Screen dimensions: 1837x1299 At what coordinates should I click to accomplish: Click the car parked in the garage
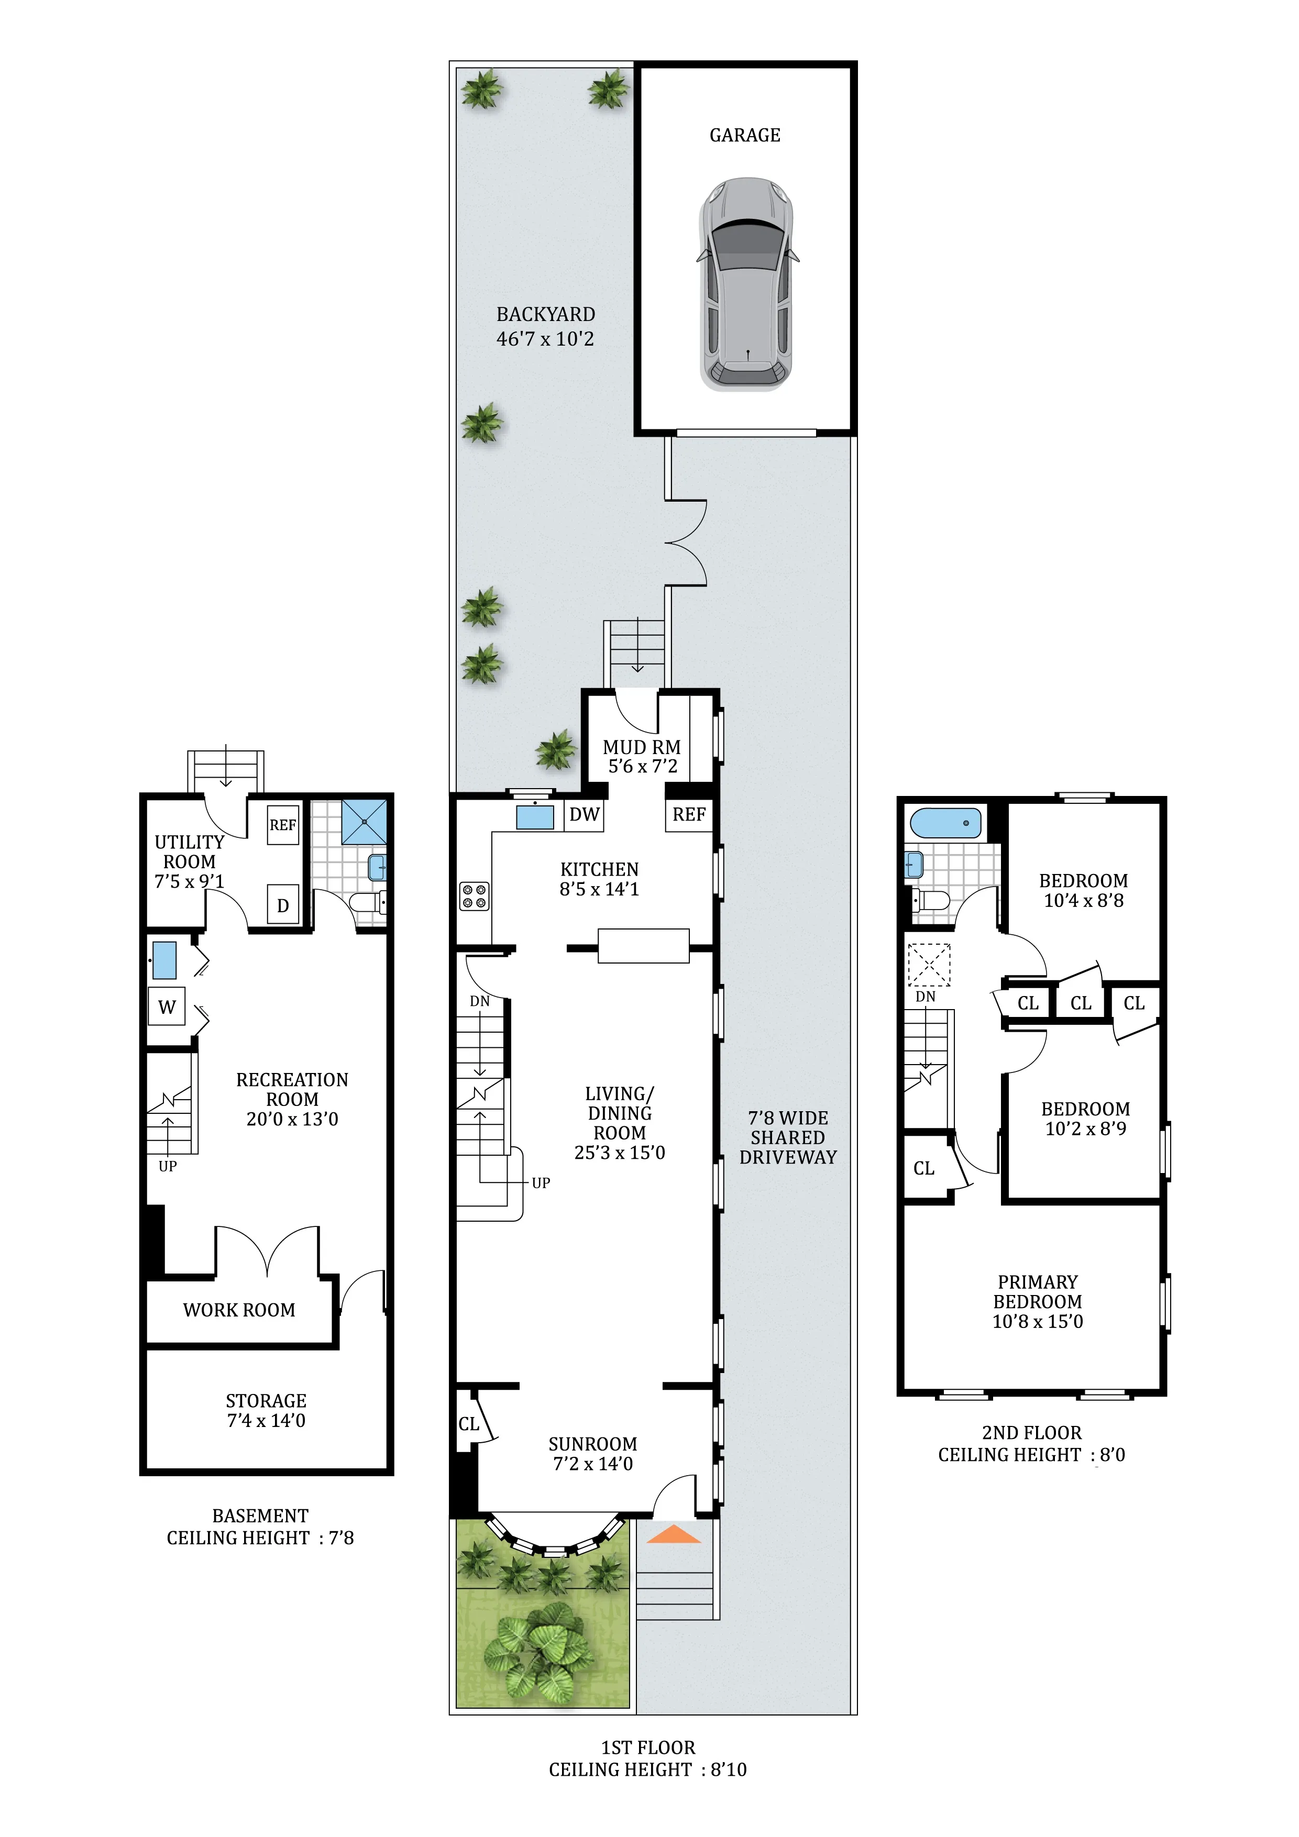pyautogui.click(x=747, y=285)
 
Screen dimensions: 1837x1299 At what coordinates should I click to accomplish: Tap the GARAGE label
pyautogui.click(x=744, y=135)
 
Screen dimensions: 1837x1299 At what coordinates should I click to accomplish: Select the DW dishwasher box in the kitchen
pyautogui.click(x=584, y=814)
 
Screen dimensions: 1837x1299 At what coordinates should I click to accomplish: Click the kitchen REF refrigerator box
pyautogui.click(x=688, y=814)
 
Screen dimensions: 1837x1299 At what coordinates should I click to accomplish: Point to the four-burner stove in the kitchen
pyautogui.click(x=474, y=895)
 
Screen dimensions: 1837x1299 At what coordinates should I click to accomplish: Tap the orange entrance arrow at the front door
pyautogui.click(x=673, y=1534)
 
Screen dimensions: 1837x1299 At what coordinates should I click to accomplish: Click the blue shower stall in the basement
pyautogui.click(x=364, y=821)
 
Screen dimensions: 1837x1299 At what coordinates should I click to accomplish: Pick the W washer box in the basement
pyautogui.click(x=167, y=1008)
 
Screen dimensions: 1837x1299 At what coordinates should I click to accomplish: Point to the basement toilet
pyautogui.click(x=368, y=902)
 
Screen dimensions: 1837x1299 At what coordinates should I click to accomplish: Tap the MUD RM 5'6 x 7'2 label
pyautogui.click(x=642, y=756)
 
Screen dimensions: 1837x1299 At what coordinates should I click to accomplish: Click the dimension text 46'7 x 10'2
pyautogui.click(x=545, y=339)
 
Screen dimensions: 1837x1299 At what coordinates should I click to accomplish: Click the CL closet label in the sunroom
pyautogui.click(x=468, y=1424)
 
